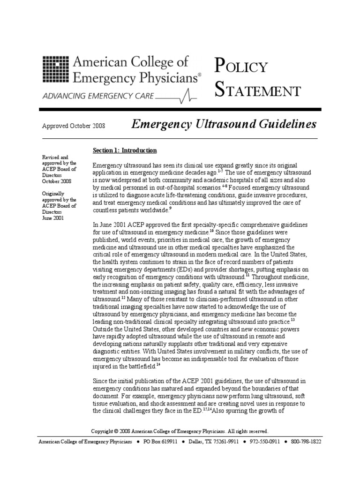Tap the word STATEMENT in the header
257,90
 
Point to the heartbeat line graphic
178,95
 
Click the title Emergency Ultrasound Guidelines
224,124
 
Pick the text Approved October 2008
74,126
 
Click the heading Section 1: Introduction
125,150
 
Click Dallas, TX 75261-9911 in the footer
215,442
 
